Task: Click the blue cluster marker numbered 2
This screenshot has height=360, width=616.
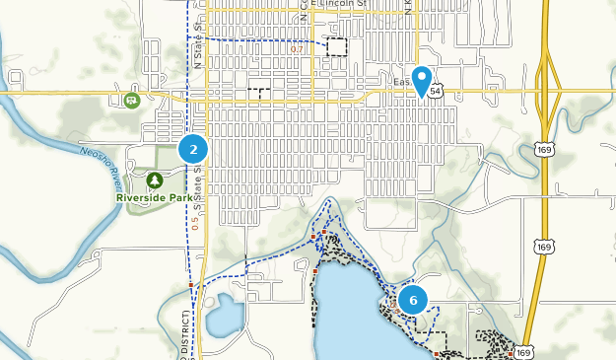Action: click(x=193, y=150)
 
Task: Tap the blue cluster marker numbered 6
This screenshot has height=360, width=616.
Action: click(x=413, y=300)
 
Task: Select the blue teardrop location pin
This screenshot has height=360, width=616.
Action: click(x=423, y=80)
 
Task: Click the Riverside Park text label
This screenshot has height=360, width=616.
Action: click(x=155, y=197)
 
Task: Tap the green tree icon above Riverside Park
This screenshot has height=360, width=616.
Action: click(x=155, y=180)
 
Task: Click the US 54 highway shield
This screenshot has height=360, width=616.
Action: click(x=436, y=90)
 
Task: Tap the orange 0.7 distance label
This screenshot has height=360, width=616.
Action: click(x=298, y=48)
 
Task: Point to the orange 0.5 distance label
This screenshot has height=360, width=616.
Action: click(x=195, y=223)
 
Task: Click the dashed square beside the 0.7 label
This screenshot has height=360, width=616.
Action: click(x=338, y=46)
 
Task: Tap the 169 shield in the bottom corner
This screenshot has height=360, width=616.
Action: click(x=523, y=352)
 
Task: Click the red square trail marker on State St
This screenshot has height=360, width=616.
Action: click(x=190, y=284)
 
